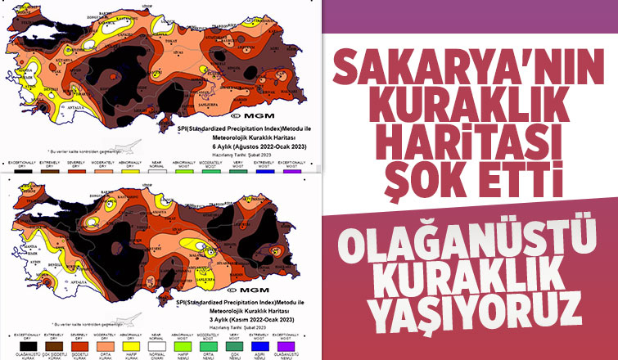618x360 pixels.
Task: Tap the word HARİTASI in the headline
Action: click(x=470, y=142)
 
